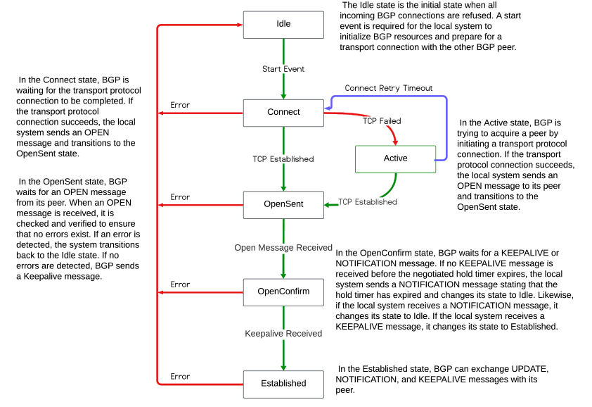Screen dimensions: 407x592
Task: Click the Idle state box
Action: pos(283,24)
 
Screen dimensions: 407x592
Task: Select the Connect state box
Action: pos(283,112)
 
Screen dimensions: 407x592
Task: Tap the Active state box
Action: pos(395,158)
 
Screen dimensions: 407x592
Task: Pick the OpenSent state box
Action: pos(283,204)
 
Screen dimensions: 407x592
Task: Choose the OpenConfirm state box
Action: pos(283,292)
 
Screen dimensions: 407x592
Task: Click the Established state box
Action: pos(283,383)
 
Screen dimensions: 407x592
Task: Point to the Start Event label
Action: pos(283,69)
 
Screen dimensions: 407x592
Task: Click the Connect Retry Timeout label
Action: pos(388,88)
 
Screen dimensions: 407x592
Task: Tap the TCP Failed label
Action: pos(382,120)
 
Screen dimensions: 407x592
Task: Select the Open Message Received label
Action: pos(283,247)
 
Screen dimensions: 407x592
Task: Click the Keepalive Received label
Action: pos(283,333)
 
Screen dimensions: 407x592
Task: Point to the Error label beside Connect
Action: pos(180,105)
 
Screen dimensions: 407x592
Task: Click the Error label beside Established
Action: pos(180,376)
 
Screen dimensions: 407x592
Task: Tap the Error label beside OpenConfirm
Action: pos(180,284)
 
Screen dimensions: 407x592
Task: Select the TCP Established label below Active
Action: pos(368,202)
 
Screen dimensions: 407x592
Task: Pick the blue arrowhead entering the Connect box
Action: pos(328,108)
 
